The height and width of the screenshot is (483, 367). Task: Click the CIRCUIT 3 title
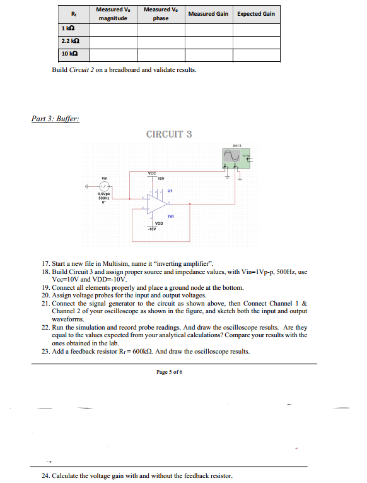point(168,134)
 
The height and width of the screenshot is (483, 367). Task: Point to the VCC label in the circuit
point(152,174)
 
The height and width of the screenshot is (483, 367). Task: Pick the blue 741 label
point(171,217)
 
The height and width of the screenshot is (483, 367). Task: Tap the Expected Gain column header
point(256,14)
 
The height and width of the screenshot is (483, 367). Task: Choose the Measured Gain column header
point(208,14)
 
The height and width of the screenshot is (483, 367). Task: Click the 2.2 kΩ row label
point(69,42)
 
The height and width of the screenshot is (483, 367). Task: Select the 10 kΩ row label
point(69,56)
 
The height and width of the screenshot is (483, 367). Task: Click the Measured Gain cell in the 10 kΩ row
point(208,56)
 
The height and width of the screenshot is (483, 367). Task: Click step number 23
point(45,351)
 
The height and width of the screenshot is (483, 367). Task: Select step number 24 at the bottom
point(45,475)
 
